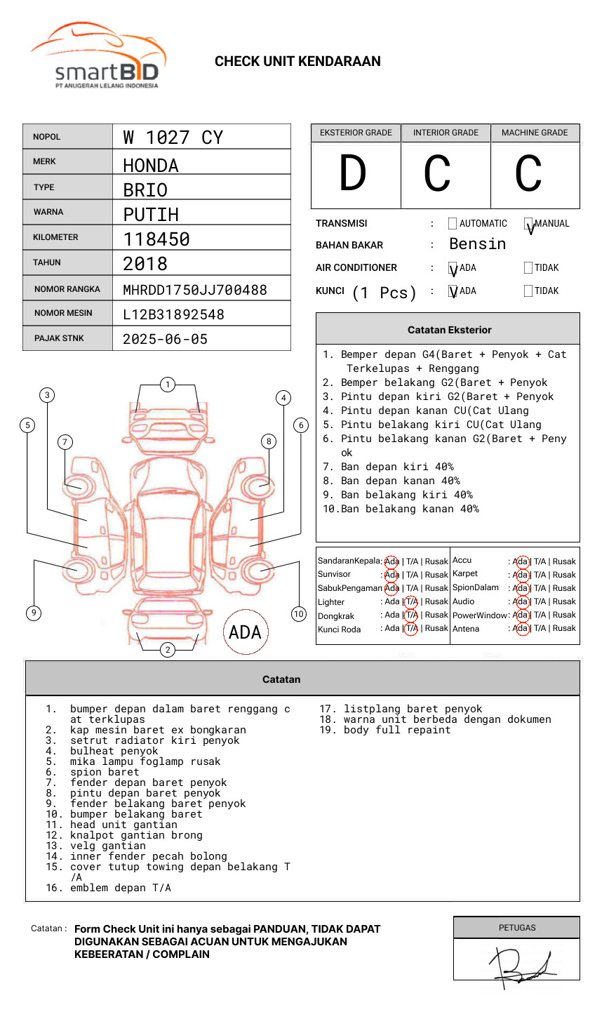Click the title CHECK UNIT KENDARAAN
pyautogui.click(x=297, y=62)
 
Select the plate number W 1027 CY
pyautogui.click(x=173, y=138)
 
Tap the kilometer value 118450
pyautogui.click(x=156, y=239)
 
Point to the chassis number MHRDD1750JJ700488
pyautogui.click(x=195, y=290)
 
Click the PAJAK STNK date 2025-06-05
pyautogui.click(x=165, y=339)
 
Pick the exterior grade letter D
pyautogui.click(x=353, y=174)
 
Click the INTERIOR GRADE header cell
pyautogui.click(x=446, y=133)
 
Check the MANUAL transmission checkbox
pyautogui.click(x=528, y=224)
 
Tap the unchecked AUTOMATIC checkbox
pyautogui.click(x=453, y=224)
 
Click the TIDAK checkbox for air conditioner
pyautogui.click(x=528, y=268)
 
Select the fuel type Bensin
pyautogui.click(x=477, y=244)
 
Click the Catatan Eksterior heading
pyautogui.click(x=449, y=330)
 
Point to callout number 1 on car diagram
pyautogui.click(x=167, y=385)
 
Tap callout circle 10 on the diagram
pyautogui.click(x=299, y=614)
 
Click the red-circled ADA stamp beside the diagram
pyautogui.click(x=245, y=632)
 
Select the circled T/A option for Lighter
pyautogui.click(x=411, y=602)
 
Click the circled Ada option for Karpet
pyautogui.click(x=521, y=575)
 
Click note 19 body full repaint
pyautogui.click(x=397, y=731)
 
